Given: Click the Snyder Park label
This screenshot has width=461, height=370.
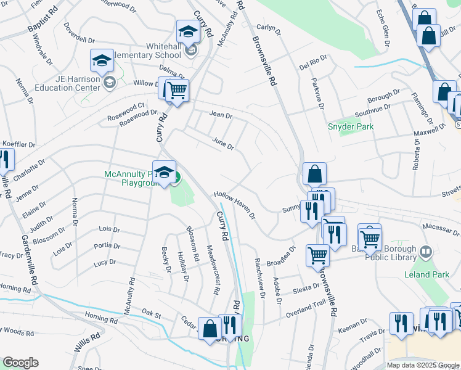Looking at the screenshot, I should click(351, 126).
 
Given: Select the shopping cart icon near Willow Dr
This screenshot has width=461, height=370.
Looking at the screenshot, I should click(176, 90).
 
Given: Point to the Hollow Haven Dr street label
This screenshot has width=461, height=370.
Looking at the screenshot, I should click(235, 204).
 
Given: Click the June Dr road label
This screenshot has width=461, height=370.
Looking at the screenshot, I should click(223, 143).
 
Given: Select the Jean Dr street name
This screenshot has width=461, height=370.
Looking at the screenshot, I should click(221, 115).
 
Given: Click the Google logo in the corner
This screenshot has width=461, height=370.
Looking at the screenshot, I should click(20, 363).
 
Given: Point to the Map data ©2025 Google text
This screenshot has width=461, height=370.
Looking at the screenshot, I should click(423, 365).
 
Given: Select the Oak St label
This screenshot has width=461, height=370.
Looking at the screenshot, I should click(151, 314).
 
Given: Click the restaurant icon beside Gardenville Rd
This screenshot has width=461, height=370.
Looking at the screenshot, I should click(5, 160).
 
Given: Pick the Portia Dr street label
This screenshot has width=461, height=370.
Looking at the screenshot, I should click(107, 245).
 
